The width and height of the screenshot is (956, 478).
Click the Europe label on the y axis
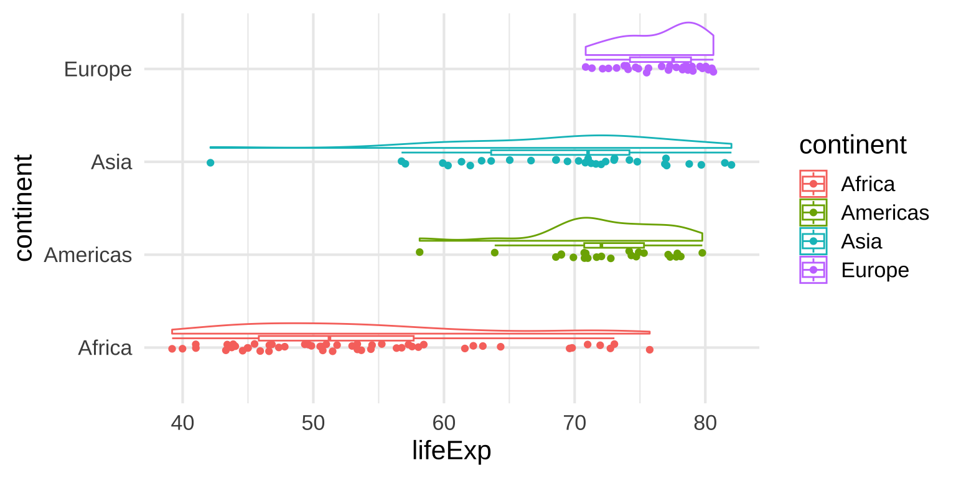point(98,69)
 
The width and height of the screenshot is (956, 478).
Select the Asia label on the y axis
point(111,162)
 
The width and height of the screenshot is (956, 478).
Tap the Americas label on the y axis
point(88,255)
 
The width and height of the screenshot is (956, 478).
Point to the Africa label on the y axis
point(105,348)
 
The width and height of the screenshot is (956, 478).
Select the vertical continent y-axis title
point(24,209)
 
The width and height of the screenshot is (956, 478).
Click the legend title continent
point(853,145)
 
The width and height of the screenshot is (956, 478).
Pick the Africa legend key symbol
point(813,184)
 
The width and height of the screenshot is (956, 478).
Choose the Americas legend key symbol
point(813,212)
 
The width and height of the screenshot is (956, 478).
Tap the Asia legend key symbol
point(813,241)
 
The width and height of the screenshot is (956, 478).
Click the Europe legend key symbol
point(813,269)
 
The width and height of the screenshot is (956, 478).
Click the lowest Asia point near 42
point(210,162)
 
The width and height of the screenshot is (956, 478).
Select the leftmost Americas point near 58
point(419,252)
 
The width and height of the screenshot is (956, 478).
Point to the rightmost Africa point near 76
point(650,350)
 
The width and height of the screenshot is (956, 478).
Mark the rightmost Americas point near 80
point(702,253)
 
